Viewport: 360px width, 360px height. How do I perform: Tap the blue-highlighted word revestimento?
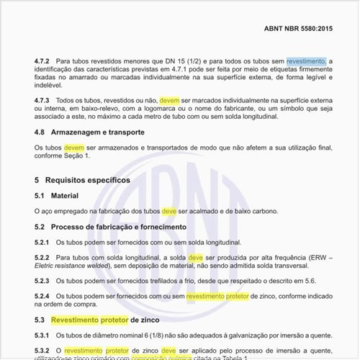tap(306, 62)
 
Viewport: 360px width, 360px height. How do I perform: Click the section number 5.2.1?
tap(43, 243)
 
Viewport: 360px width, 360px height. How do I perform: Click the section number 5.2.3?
tap(43, 281)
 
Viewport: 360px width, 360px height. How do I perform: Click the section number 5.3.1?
tap(43, 335)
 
